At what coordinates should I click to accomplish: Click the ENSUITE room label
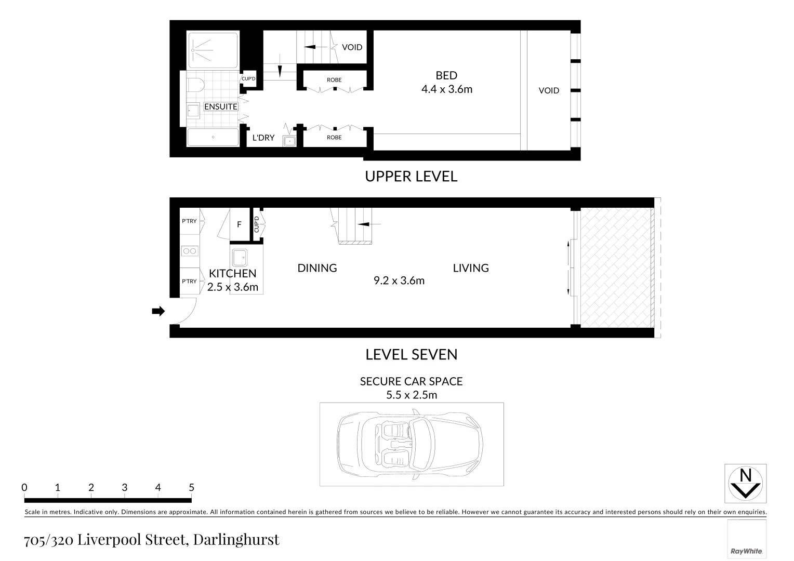point(220,106)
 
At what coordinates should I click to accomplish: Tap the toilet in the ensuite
point(195,85)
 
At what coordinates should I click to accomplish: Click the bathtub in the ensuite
point(213,138)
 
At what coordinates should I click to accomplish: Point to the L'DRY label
point(263,138)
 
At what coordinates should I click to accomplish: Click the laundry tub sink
point(289,141)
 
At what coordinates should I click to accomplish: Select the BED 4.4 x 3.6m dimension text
point(446,89)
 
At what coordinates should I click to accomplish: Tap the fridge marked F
point(239,225)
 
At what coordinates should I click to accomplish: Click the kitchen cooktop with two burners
point(189,251)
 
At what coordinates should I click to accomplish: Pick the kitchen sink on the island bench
point(240,257)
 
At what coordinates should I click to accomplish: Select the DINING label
point(317,268)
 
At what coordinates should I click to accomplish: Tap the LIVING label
point(471,268)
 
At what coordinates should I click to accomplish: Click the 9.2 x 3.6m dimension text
point(399,281)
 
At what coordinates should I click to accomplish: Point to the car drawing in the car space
point(411,444)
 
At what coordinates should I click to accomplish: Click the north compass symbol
point(745,483)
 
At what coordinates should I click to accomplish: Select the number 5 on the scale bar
point(191,487)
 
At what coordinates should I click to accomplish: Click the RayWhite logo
point(746,551)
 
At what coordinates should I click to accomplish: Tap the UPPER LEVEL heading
point(411,177)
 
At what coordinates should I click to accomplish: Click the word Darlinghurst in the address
point(236,540)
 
